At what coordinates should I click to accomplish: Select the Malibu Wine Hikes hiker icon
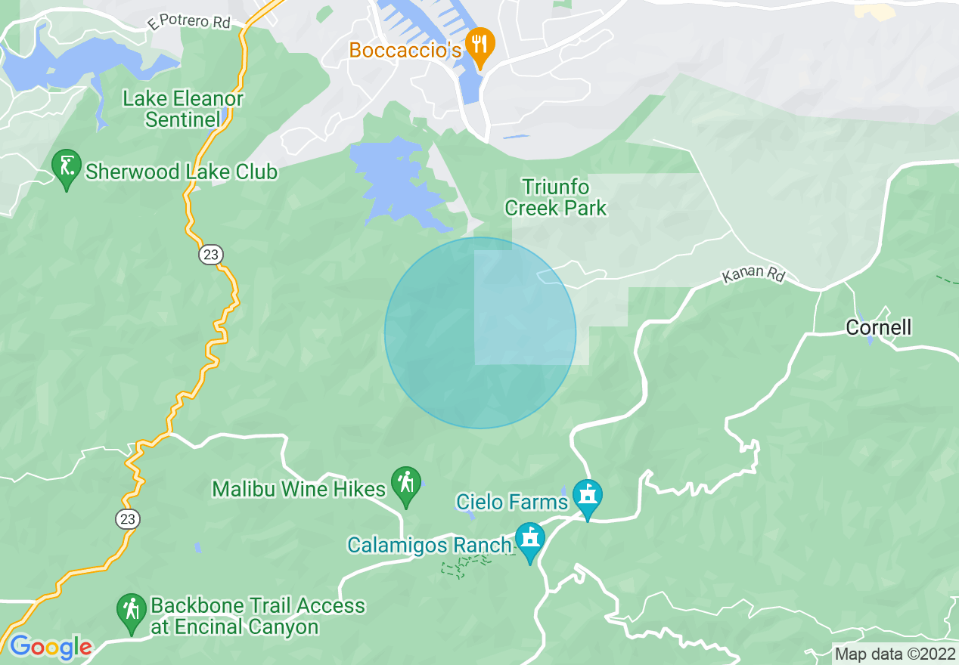click(x=406, y=484)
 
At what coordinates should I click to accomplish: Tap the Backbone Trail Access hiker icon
click(x=132, y=611)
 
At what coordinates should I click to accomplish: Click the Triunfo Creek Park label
click(x=556, y=197)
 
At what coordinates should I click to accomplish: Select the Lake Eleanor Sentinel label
click(x=183, y=109)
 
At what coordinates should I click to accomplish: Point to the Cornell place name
click(x=878, y=327)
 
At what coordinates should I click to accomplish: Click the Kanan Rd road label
click(x=753, y=274)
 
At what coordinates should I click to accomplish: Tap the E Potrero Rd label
click(x=189, y=23)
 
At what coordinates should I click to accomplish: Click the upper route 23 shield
click(x=211, y=255)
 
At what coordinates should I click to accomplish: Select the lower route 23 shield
click(x=127, y=519)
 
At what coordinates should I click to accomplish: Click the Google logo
click(x=51, y=647)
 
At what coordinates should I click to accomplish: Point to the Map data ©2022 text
click(x=892, y=654)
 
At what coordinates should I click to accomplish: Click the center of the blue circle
click(x=480, y=333)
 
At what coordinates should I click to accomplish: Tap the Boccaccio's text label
click(x=405, y=50)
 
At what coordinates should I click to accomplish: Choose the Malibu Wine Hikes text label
click(x=299, y=489)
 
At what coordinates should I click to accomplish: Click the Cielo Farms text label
click(x=512, y=502)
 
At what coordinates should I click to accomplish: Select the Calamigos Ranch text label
click(x=430, y=545)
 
